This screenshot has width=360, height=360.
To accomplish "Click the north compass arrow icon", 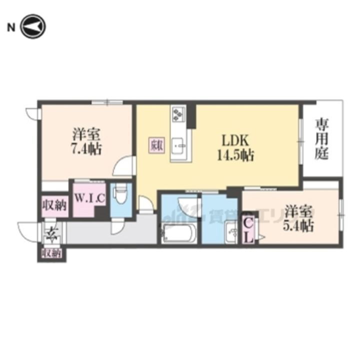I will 33,27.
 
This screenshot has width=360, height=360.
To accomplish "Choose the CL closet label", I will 248,229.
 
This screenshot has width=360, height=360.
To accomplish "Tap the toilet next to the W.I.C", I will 120,196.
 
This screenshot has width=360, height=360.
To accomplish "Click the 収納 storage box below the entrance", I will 51,253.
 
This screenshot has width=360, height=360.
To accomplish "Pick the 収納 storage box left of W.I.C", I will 54,205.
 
